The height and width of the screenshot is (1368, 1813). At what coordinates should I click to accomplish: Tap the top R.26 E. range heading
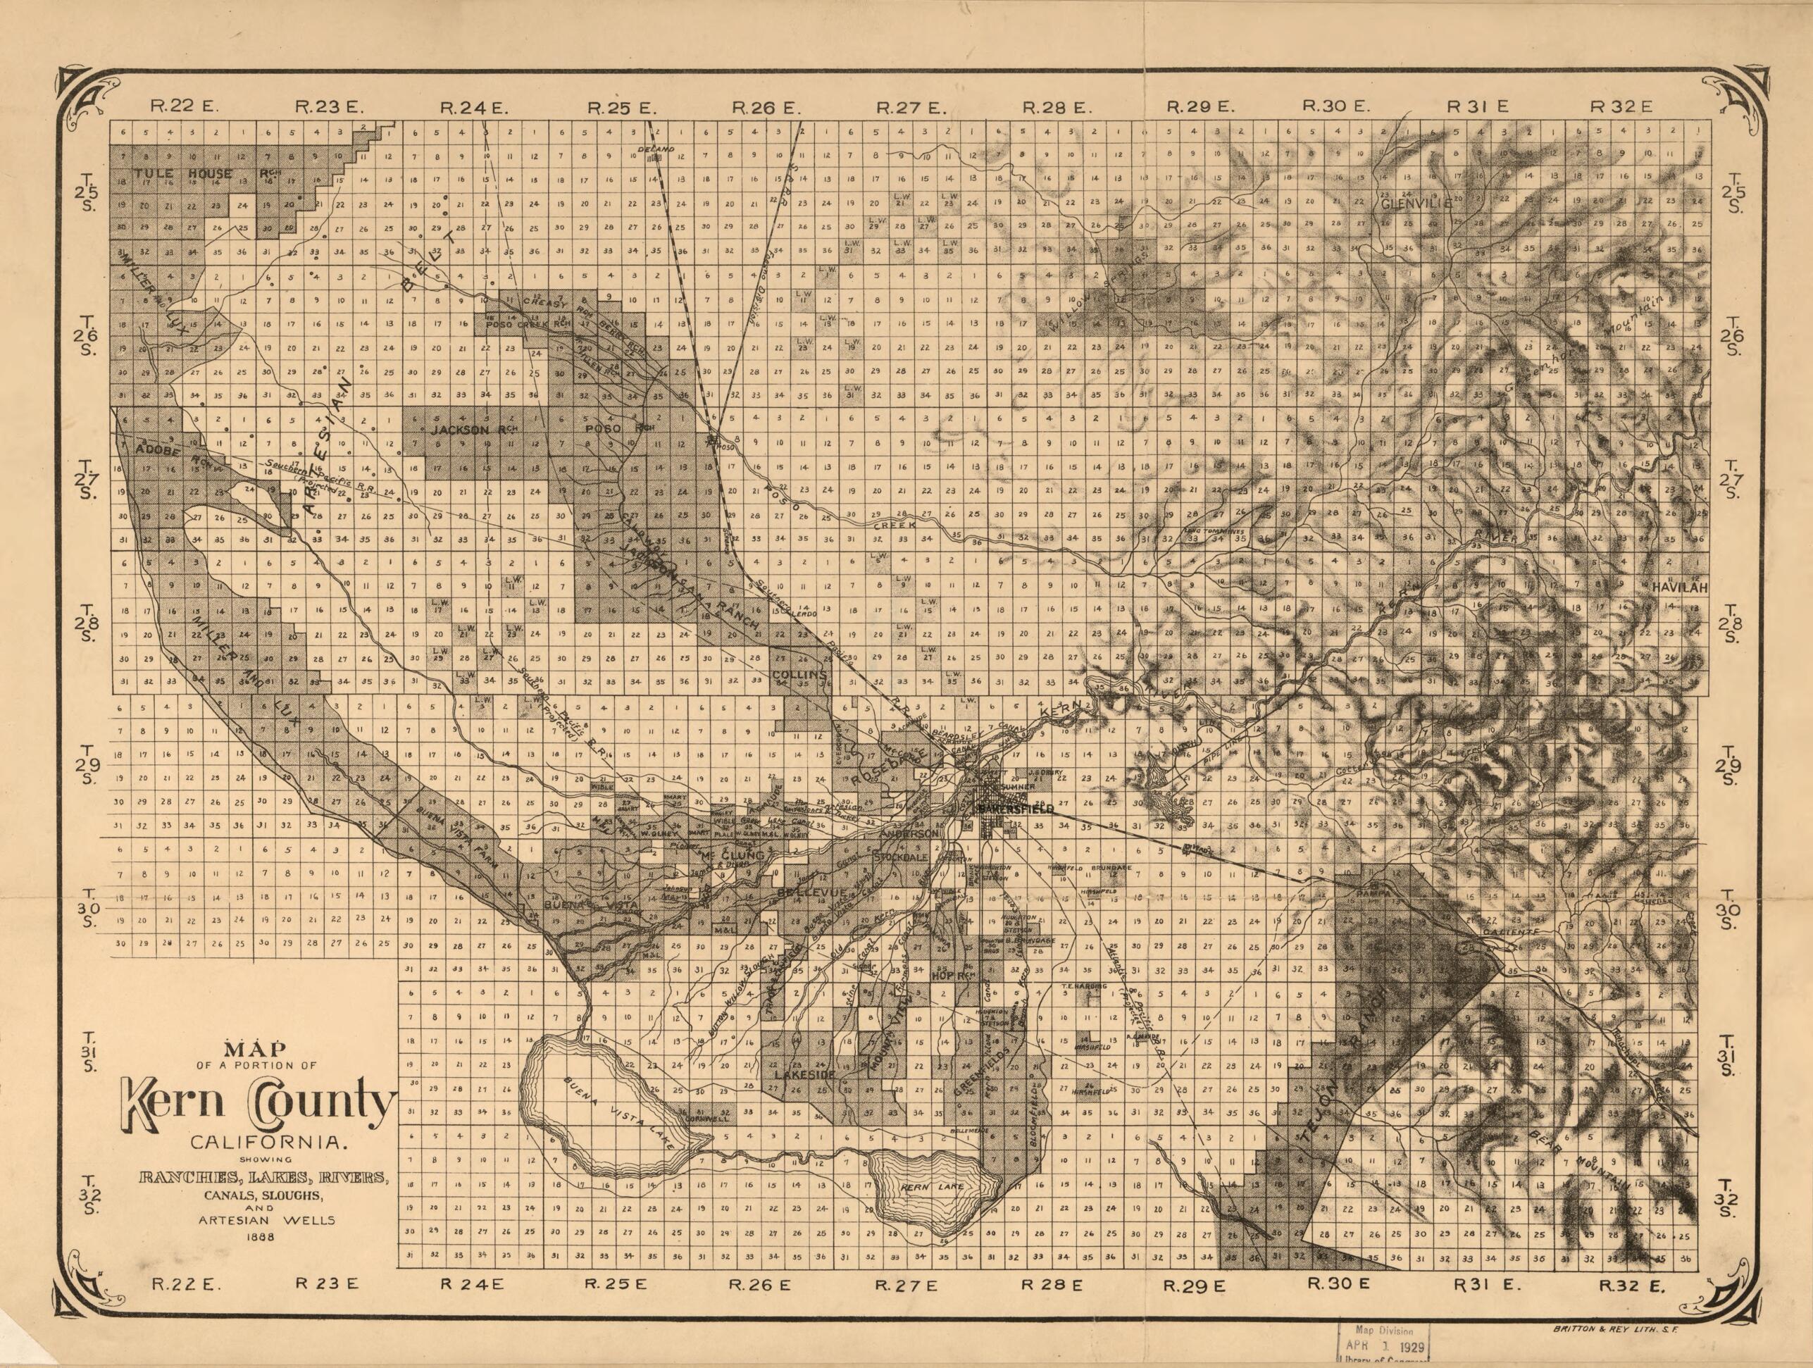(x=765, y=107)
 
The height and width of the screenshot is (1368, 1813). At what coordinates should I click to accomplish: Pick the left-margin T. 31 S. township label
(x=89, y=1059)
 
